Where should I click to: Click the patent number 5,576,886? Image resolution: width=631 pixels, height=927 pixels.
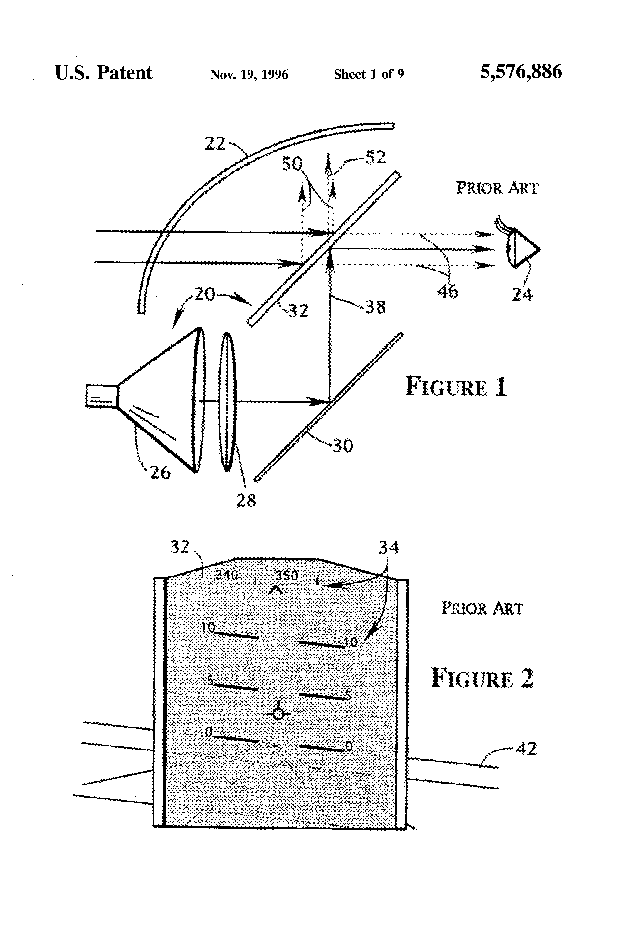click(521, 72)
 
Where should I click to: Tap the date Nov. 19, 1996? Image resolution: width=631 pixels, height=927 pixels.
click(249, 75)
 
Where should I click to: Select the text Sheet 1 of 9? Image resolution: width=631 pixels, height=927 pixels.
click(369, 74)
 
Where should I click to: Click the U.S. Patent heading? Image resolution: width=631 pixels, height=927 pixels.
click(103, 73)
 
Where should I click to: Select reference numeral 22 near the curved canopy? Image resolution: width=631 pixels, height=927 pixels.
click(215, 144)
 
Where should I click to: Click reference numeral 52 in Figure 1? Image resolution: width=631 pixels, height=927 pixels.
click(375, 158)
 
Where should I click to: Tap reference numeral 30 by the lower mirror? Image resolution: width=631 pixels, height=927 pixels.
click(343, 446)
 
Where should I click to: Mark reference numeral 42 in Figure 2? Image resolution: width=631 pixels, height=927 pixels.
click(526, 749)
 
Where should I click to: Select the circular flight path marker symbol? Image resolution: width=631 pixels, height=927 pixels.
click(278, 713)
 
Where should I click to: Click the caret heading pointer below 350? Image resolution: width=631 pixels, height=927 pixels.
click(276, 589)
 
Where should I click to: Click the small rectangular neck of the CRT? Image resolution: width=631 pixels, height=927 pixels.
click(102, 396)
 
